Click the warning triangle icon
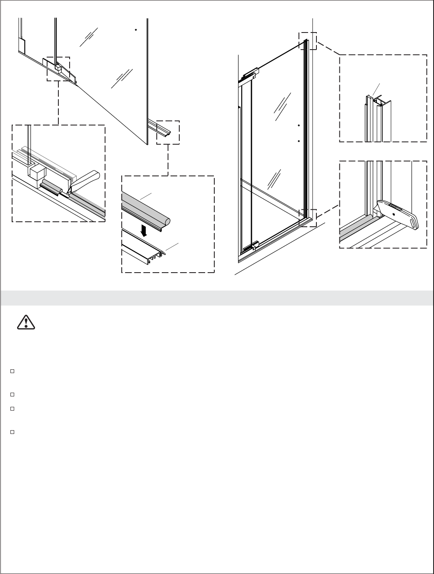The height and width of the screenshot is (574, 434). (26, 323)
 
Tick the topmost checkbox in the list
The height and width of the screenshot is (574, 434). (13, 371)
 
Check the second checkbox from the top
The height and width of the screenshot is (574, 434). (13, 394)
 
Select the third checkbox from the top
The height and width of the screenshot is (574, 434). (13, 409)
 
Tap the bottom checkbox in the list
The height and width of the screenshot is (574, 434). (13, 432)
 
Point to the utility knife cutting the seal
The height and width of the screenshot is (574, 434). (398, 213)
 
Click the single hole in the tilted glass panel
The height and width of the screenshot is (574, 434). (135, 30)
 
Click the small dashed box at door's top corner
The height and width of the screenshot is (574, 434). (308, 41)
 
